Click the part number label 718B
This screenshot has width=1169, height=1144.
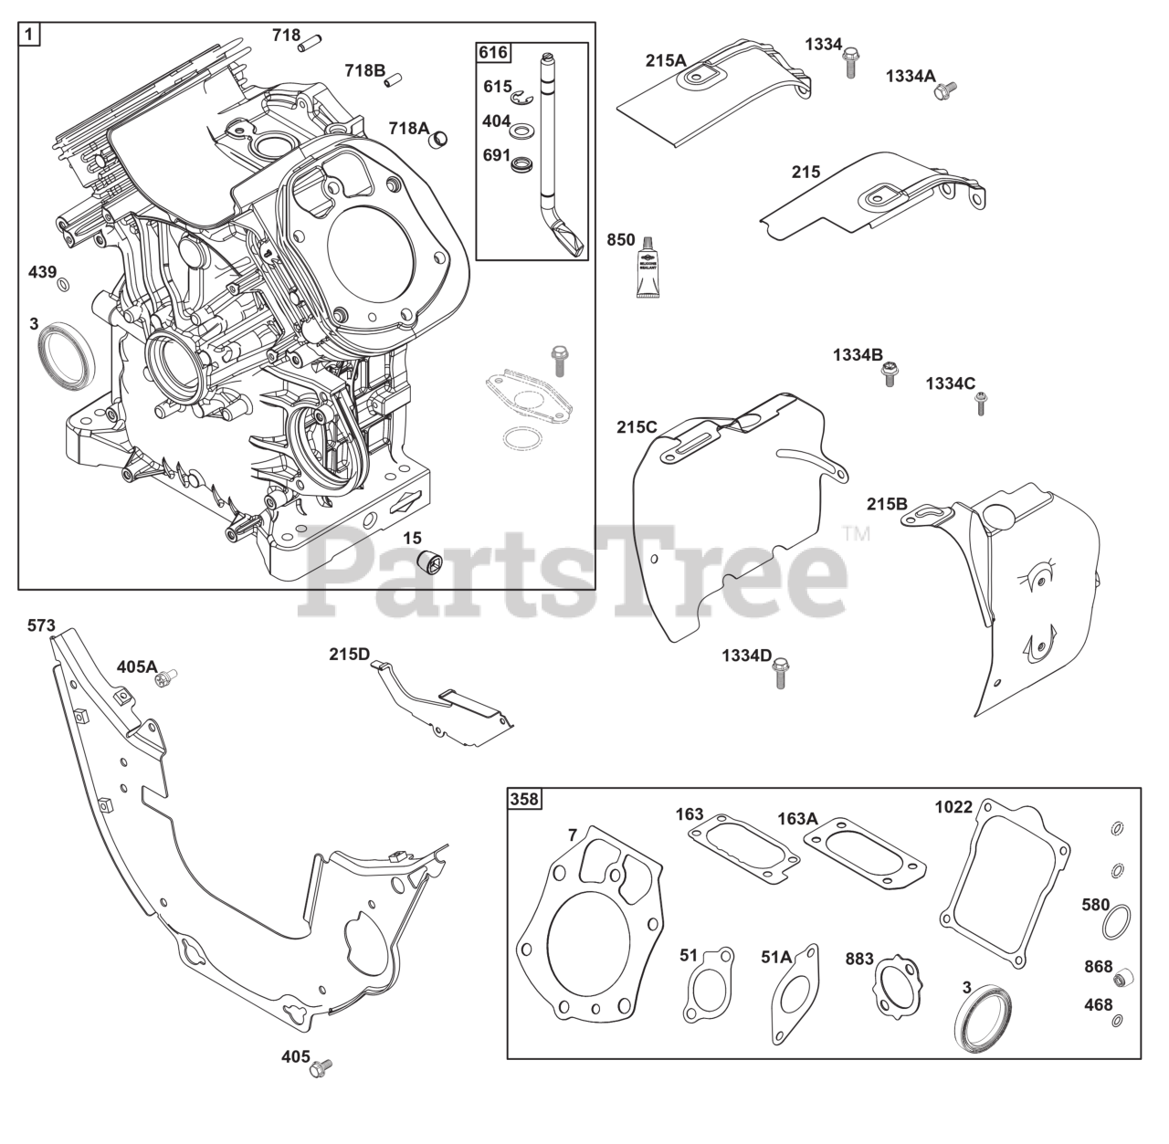point(364,70)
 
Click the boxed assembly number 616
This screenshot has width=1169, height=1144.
point(493,53)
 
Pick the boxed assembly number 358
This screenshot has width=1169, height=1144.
point(524,800)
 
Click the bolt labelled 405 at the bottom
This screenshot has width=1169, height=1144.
point(321,1066)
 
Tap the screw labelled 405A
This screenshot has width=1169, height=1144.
point(165,677)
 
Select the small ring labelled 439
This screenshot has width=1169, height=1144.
point(64,287)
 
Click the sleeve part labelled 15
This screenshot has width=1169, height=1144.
point(427,562)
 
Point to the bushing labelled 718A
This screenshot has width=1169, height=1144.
point(440,139)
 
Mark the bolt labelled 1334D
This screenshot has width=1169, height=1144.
point(780,673)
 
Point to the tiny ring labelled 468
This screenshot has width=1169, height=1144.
point(1118,1021)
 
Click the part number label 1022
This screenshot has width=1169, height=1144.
point(953,807)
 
